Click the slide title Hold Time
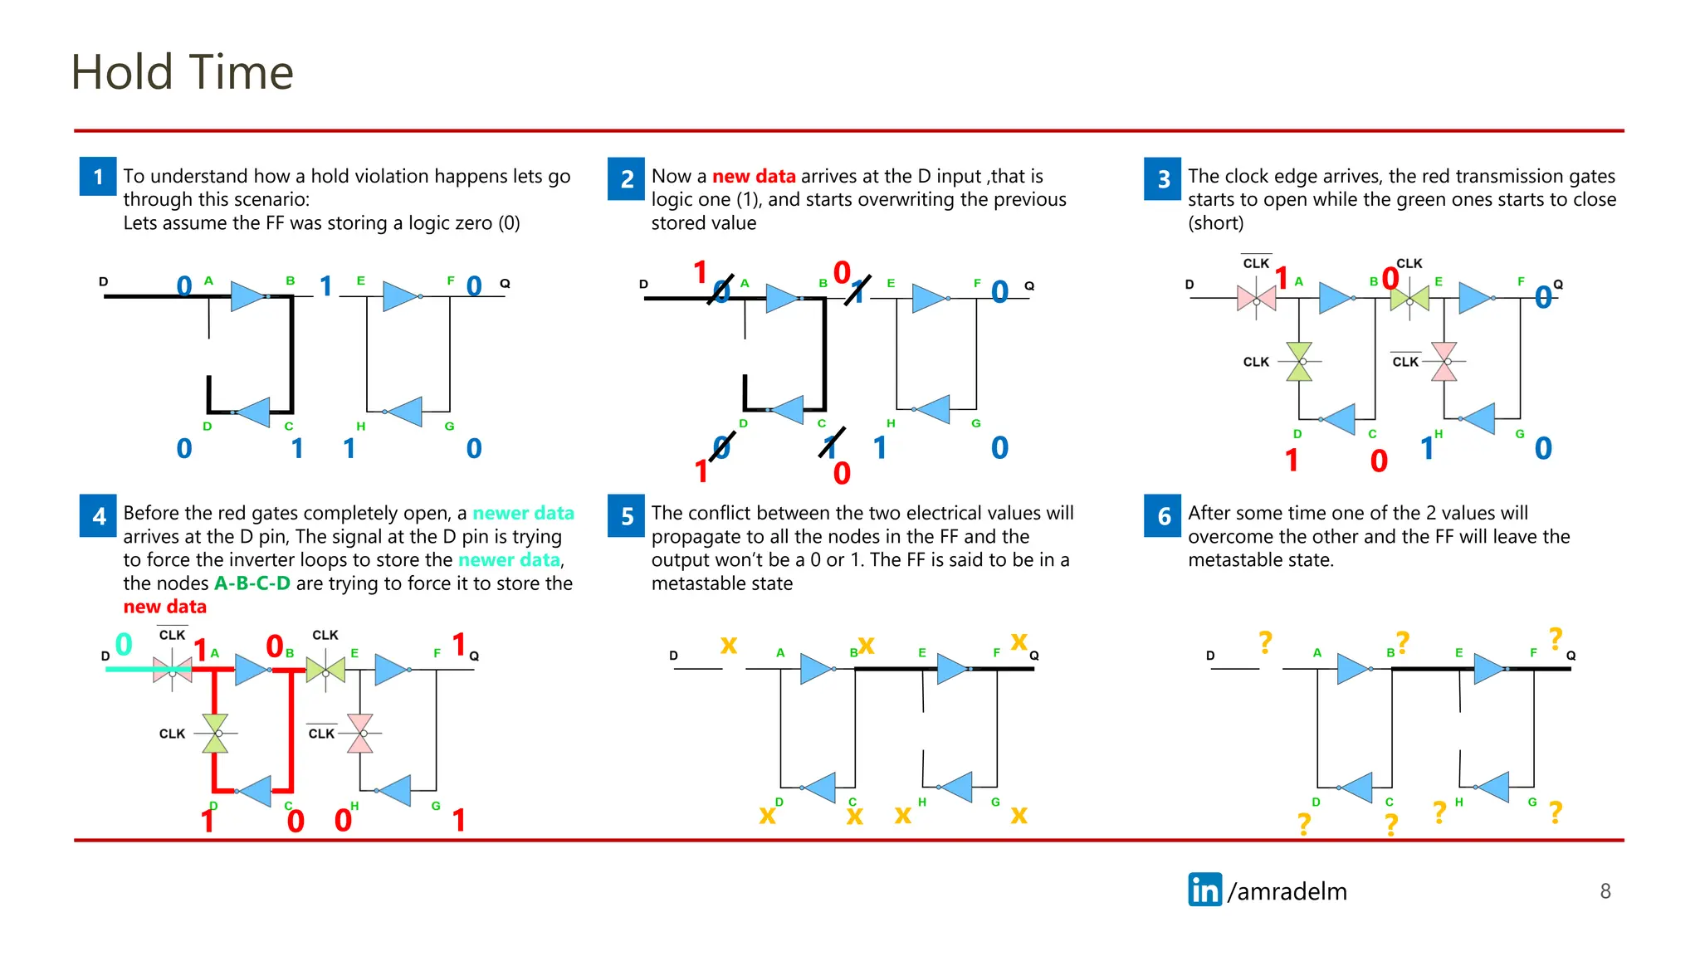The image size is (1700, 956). click(182, 72)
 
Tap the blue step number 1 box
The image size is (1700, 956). click(98, 177)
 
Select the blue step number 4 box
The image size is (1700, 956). click(98, 515)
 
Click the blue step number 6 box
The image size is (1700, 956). click(1163, 515)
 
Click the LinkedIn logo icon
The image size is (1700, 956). click(1204, 890)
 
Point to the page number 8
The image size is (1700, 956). click(1605, 891)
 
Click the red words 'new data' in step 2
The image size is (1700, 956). click(754, 176)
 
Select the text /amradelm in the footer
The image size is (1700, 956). click(1287, 891)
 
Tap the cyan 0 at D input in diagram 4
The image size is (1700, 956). click(124, 644)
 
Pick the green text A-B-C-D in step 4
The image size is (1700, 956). click(252, 583)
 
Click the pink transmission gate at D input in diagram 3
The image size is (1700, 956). click(1256, 298)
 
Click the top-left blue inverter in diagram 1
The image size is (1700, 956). click(248, 295)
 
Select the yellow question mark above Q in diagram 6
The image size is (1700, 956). click(1555, 638)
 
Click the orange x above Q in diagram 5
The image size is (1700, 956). click(1019, 641)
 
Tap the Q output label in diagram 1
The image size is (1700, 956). click(505, 284)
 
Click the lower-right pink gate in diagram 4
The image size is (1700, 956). click(360, 733)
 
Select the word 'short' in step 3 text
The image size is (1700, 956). click(1216, 223)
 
